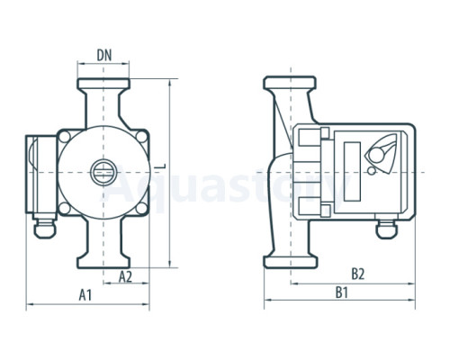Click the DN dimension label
tap(103, 56)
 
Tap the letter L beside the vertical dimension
tap(162, 166)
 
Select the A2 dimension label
tap(125, 276)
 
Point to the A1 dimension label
tap(85, 295)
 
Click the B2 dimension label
tap(357, 274)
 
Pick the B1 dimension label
tap(341, 292)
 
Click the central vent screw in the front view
tap(103, 172)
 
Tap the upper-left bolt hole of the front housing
tap(65, 137)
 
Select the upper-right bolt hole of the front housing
tap(141, 137)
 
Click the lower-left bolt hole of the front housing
tap(64, 208)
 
